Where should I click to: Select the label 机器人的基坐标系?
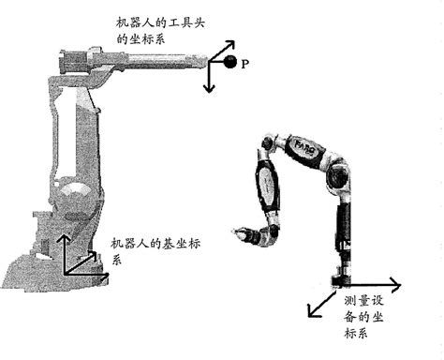(154, 250)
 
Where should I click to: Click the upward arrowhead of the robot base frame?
(64, 238)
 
